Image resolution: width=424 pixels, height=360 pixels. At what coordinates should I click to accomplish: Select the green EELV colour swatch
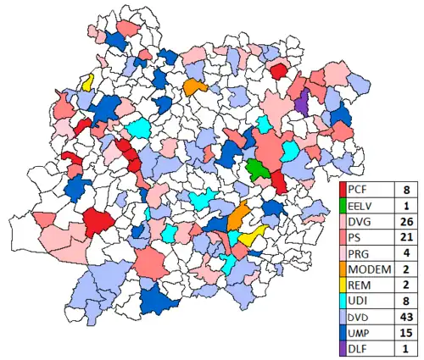(343, 205)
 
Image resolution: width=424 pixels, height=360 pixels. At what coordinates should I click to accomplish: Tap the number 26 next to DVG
(405, 220)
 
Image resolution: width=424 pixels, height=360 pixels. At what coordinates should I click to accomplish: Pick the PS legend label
(355, 236)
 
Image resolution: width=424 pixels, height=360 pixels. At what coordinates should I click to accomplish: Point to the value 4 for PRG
(405, 252)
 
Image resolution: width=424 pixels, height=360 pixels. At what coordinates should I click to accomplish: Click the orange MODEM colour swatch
(343, 268)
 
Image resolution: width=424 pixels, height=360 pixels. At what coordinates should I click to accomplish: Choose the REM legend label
(359, 283)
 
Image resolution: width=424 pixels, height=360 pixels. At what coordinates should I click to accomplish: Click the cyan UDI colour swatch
(343, 298)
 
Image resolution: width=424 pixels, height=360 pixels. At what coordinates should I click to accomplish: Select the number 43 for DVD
(405, 314)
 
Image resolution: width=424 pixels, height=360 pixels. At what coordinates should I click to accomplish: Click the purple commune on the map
(301, 103)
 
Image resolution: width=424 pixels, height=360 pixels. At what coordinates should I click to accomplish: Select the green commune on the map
(256, 168)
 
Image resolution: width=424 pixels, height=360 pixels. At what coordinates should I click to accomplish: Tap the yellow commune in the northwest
(87, 83)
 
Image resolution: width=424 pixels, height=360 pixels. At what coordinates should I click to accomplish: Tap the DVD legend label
(360, 314)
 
